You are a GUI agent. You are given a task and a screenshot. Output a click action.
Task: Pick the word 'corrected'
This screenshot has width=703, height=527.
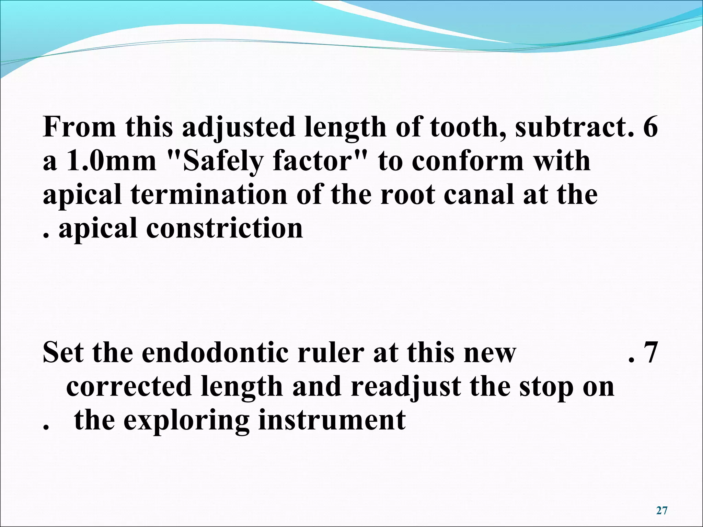pos(128,386)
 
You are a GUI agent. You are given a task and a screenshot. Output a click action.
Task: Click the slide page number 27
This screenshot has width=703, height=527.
pos(661,511)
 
